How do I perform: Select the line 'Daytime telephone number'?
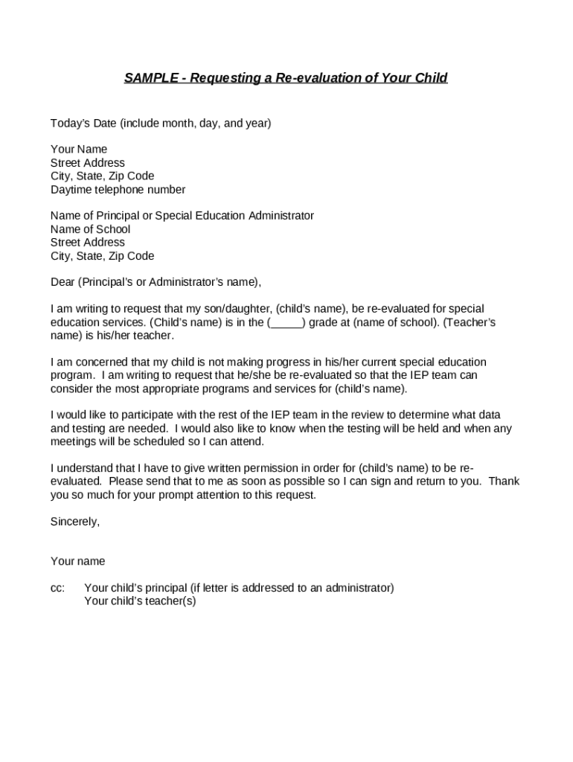[x=118, y=190]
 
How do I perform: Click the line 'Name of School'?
[x=90, y=229]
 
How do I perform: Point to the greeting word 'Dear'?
[x=63, y=283]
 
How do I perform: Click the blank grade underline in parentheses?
[x=286, y=323]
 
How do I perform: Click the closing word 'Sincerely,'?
[x=75, y=522]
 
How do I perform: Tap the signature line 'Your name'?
[x=77, y=561]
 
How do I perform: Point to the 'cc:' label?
[x=57, y=588]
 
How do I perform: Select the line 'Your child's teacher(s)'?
[x=140, y=601]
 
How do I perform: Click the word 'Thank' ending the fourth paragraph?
[x=504, y=481]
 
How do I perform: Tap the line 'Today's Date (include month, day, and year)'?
[x=161, y=123]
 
